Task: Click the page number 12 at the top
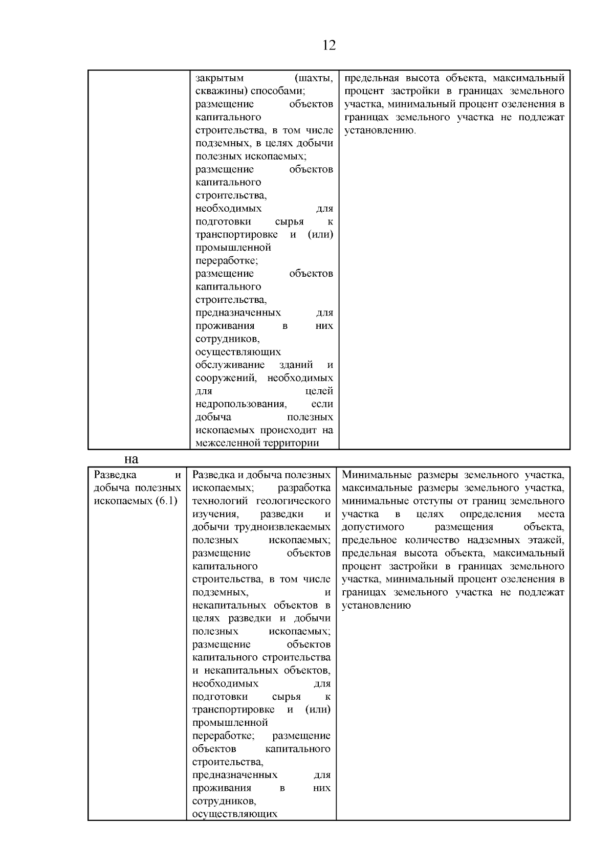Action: [x=330, y=46]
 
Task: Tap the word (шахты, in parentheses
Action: [x=314, y=78]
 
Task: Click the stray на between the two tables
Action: [x=131, y=458]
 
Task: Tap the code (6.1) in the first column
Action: [x=166, y=501]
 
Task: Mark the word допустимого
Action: [x=373, y=527]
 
